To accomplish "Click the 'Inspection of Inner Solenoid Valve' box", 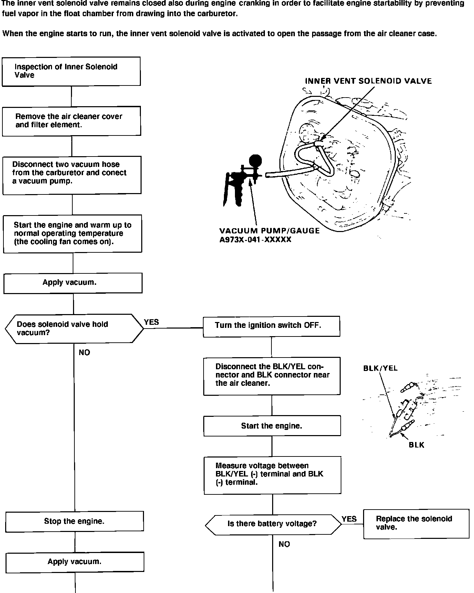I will pyautogui.click(x=71, y=71).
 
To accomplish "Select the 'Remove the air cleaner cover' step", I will pyautogui.click(x=71, y=121).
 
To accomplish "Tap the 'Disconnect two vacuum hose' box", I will pyautogui.click(x=72, y=175).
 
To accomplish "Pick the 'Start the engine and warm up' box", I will pyautogui.click(x=72, y=234).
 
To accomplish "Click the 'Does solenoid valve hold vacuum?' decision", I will pyautogui.click(x=74, y=329).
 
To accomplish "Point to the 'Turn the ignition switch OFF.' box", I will pyautogui.click(x=271, y=326).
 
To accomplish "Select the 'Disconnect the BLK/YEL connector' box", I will pyautogui.click(x=272, y=375).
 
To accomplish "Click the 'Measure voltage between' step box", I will pyautogui.click(x=272, y=475).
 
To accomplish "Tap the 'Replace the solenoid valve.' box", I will pyautogui.click(x=416, y=523).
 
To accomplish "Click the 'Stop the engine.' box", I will pyautogui.click(x=74, y=521).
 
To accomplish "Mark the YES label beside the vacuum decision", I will pyautogui.click(x=152, y=322).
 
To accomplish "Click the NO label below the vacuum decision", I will pyautogui.click(x=84, y=352).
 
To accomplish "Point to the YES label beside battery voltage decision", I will pyautogui.click(x=349, y=519).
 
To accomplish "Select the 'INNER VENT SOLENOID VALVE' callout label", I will pyautogui.click(x=368, y=81).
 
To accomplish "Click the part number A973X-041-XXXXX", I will pyautogui.click(x=255, y=240).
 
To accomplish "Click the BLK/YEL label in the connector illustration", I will pyautogui.click(x=380, y=368).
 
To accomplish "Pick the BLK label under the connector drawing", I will pyautogui.click(x=416, y=445).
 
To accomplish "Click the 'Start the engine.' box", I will pyautogui.click(x=272, y=426).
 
